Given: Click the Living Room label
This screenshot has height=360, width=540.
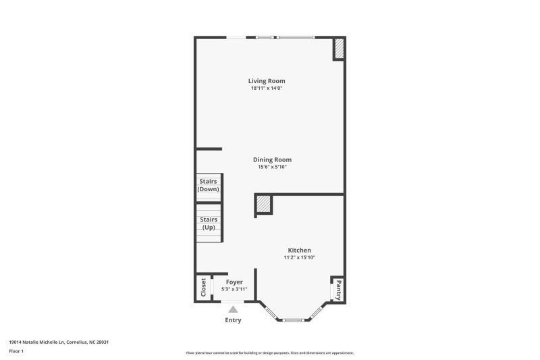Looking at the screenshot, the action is click(x=267, y=81).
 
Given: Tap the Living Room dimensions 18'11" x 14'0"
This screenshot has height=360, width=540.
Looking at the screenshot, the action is click(x=267, y=88).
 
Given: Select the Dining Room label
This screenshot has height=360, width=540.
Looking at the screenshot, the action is click(x=273, y=159).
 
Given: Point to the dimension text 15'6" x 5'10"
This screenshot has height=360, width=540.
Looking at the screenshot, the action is click(x=273, y=167).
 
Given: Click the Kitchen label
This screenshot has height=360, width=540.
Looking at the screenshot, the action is click(x=299, y=250).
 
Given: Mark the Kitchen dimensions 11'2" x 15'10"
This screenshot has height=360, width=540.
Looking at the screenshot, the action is click(x=299, y=257).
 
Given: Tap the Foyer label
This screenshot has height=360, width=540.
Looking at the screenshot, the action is click(x=234, y=282).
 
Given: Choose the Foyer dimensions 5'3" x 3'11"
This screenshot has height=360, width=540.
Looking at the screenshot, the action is click(x=234, y=289).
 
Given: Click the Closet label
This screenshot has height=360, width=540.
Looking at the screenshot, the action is click(x=203, y=287).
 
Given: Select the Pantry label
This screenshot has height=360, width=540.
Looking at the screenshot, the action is click(x=339, y=290).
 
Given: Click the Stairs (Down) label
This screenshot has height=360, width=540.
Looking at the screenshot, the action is click(x=209, y=185).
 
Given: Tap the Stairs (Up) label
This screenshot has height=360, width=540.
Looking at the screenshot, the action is click(x=209, y=224).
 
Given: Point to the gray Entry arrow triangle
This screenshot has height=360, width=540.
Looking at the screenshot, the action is click(x=233, y=309).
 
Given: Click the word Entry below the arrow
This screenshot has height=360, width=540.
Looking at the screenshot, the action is click(x=233, y=320).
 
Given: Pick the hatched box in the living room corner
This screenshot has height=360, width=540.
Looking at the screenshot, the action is click(x=340, y=48).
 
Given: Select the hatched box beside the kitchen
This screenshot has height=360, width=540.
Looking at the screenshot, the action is click(x=264, y=204).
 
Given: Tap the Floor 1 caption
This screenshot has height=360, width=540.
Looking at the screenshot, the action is click(x=16, y=351).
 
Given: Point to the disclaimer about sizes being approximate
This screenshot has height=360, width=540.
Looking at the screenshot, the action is click(x=269, y=353).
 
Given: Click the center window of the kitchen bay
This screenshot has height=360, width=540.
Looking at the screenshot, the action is click(x=293, y=320).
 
